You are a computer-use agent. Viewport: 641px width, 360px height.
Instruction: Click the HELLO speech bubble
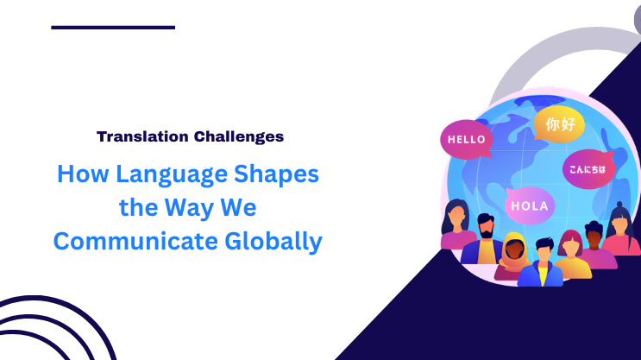(466, 139)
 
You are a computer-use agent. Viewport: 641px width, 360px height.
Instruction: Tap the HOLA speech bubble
(529, 205)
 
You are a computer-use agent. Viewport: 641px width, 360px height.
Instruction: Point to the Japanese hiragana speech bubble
(587, 169)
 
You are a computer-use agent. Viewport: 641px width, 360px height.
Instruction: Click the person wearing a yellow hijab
(514, 254)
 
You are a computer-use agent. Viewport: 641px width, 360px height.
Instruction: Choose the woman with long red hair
(571, 255)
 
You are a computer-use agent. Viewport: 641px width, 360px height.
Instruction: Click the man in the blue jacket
(542, 263)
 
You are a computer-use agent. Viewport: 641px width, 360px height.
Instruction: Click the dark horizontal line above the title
(113, 28)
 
